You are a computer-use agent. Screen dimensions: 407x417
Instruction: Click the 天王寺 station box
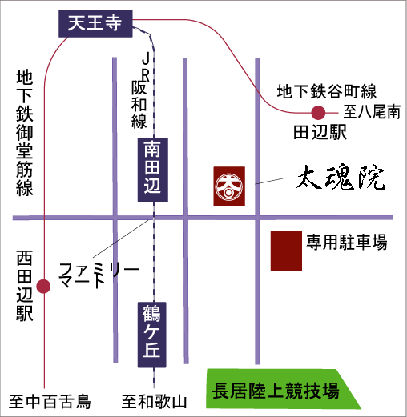(95, 23)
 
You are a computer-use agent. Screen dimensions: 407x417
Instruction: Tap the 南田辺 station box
(153, 170)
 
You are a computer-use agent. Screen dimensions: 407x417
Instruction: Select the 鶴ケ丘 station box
(152, 335)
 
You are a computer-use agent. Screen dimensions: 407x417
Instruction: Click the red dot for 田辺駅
(318, 113)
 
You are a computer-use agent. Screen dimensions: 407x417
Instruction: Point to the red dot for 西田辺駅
(43, 286)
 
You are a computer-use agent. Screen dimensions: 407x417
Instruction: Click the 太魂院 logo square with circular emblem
(229, 186)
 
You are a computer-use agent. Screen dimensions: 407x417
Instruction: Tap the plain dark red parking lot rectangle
(286, 251)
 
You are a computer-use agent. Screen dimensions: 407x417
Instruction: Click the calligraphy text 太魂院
(341, 178)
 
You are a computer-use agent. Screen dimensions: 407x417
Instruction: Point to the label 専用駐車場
(347, 242)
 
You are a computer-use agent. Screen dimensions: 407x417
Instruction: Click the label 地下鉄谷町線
(327, 91)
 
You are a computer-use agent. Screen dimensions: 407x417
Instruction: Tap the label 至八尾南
(372, 112)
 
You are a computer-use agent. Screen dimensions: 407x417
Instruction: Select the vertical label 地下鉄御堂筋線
(25, 133)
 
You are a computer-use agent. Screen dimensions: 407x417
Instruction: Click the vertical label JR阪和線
(140, 90)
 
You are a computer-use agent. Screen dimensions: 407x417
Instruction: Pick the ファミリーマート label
(99, 275)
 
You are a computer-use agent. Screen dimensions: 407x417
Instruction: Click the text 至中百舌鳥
(50, 402)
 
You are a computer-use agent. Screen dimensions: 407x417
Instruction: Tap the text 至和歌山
(154, 402)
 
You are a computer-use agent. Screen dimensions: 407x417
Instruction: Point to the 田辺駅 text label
(320, 132)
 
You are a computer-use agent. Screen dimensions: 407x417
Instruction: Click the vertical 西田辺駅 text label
(25, 286)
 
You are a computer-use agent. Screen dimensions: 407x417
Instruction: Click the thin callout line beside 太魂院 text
(271, 181)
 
